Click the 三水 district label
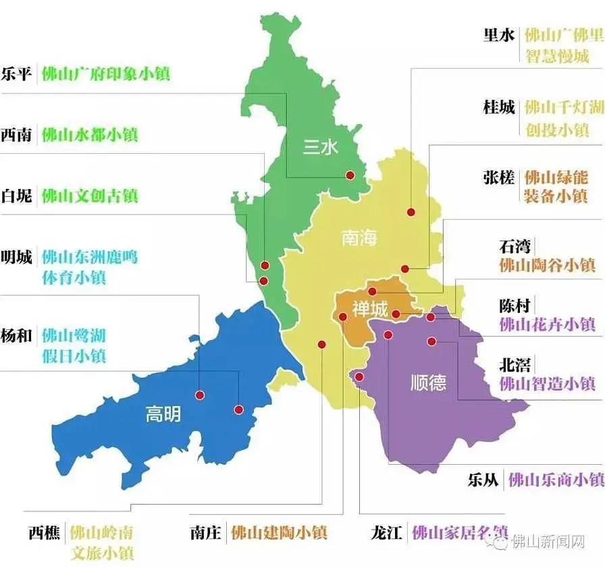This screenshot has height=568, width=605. point(320,147)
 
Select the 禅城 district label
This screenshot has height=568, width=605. point(371,310)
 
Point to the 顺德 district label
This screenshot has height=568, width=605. point(428,383)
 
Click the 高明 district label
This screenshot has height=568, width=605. point(163,414)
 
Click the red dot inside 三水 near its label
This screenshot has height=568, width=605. point(350,175)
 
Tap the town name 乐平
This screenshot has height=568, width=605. point(16,74)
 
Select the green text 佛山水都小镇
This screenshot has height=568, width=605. point(90,135)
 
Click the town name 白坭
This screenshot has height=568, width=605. point(16,196)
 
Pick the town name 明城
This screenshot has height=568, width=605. point(16,257)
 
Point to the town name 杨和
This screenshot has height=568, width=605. point(16,335)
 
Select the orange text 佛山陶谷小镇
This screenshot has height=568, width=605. point(548,265)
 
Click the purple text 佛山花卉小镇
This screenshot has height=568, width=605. point(548,324)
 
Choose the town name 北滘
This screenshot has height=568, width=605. point(515,365)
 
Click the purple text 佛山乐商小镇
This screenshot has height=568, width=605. point(556,480)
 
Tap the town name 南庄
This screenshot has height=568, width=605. point(205,532)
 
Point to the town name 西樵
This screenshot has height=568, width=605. point(45,532)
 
